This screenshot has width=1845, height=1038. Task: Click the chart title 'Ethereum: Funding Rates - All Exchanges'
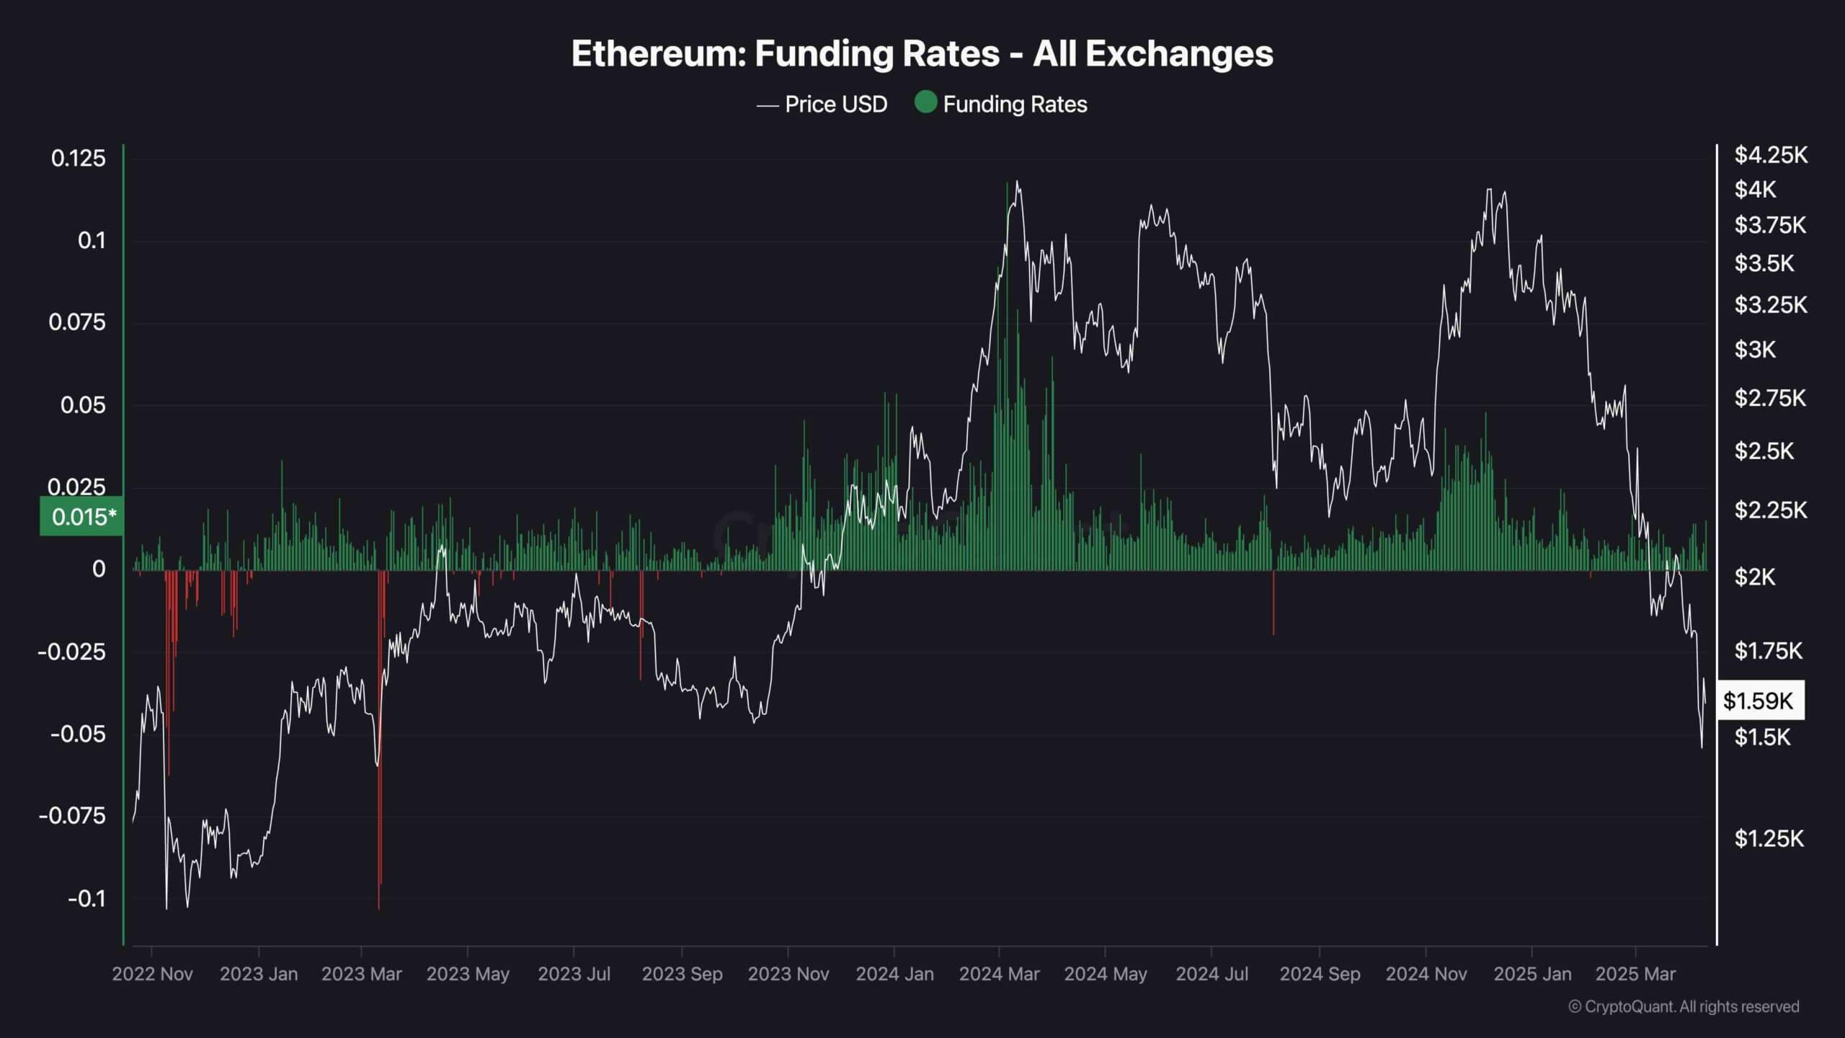click(x=922, y=54)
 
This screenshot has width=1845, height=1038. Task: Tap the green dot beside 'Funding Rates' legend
click(x=925, y=102)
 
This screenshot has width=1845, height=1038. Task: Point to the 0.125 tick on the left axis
click(x=78, y=158)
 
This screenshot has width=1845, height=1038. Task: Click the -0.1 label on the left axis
click(x=86, y=898)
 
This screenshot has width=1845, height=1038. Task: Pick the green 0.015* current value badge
click(x=82, y=516)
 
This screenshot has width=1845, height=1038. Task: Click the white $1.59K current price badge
click(x=1759, y=700)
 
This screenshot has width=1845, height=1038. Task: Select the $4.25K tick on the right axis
click(x=1771, y=155)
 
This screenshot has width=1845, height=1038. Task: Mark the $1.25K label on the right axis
click(x=1769, y=838)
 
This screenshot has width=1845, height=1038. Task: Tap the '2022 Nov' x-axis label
click(x=152, y=974)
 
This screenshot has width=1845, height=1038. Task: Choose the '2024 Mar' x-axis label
click(x=999, y=974)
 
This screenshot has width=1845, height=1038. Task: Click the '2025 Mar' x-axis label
click(x=1635, y=974)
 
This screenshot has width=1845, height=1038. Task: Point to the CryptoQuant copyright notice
click(x=1684, y=1006)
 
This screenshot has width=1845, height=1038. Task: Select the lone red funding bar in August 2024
click(x=1273, y=603)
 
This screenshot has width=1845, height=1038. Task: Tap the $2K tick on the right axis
click(x=1755, y=577)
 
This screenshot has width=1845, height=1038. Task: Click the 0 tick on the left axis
click(x=99, y=569)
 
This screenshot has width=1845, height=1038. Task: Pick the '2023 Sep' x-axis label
click(x=682, y=974)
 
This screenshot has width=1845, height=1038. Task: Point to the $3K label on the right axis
click(x=1755, y=350)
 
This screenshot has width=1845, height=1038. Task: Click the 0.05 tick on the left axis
click(x=82, y=405)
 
